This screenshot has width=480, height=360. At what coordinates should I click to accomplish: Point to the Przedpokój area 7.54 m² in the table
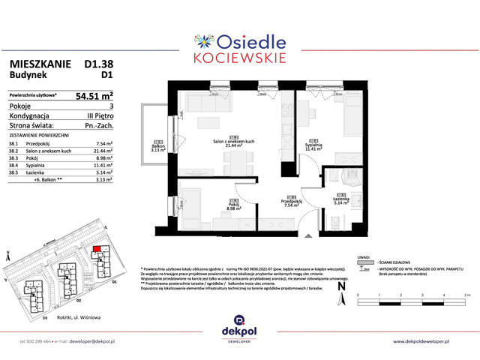(x=103, y=142)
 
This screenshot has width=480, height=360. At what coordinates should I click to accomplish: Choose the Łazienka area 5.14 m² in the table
(x=103, y=173)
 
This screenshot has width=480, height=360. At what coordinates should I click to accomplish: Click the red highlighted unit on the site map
(x=95, y=253)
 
